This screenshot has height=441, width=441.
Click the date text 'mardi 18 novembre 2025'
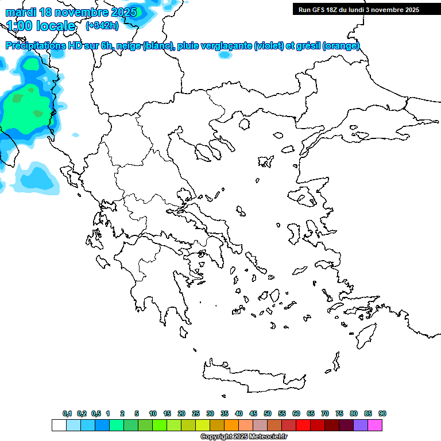[x=71, y=12]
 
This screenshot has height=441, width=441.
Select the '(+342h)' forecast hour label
[x=102, y=26]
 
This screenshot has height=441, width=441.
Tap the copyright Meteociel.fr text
[x=243, y=437]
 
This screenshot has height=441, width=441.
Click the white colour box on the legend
[x=59, y=425]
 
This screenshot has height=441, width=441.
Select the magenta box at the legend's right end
[x=376, y=425]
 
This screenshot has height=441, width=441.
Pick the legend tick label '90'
[x=382, y=413]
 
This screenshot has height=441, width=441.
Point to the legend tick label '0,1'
[x=67, y=413]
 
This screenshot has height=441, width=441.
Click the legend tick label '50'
[x=268, y=413]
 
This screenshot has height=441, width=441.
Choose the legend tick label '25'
[x=196, y=413]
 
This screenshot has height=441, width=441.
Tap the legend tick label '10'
[x=153, y=413]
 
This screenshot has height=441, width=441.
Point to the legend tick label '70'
[x=325, y=413]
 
